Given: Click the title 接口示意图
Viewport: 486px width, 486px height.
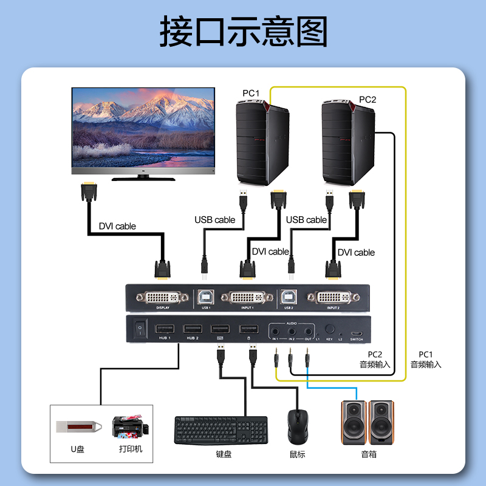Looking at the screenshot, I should pos(243,32).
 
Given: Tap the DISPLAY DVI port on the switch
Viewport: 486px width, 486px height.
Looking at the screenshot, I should pos(163,298).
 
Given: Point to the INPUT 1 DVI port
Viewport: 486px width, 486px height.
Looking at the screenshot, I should pos(247,298).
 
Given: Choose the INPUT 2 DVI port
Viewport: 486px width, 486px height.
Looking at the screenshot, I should pos(332,298).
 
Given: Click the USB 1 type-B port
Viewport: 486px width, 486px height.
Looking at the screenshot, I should pos(205,298).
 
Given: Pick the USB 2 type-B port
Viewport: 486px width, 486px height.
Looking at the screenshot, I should pos(287,298).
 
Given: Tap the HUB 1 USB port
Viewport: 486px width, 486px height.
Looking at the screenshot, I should pos(165,329).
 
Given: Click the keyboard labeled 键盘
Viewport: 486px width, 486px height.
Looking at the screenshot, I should pos(221,430).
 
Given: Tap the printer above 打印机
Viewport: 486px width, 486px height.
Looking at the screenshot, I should pos(128,428).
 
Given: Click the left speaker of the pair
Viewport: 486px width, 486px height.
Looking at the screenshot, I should pos(354,422).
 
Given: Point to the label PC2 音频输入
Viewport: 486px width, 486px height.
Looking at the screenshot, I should pos(374,360).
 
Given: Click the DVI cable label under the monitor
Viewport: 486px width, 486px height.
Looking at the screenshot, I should pos(117,226).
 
